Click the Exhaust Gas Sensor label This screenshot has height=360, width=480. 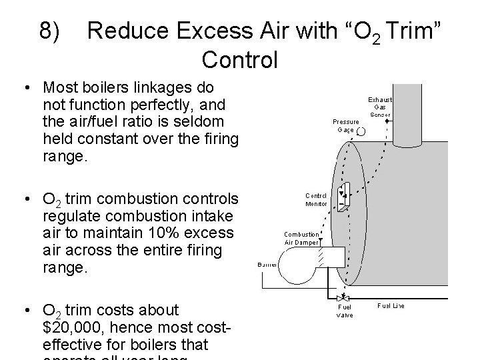click(381, 107)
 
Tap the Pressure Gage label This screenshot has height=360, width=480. click(345, 125)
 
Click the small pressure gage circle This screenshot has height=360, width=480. click(361, 132)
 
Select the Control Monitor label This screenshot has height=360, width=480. click(316, 199)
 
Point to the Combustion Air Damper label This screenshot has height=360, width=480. click(301, 238)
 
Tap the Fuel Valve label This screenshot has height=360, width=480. click(345, 311)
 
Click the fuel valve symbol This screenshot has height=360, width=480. click(345, 297)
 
